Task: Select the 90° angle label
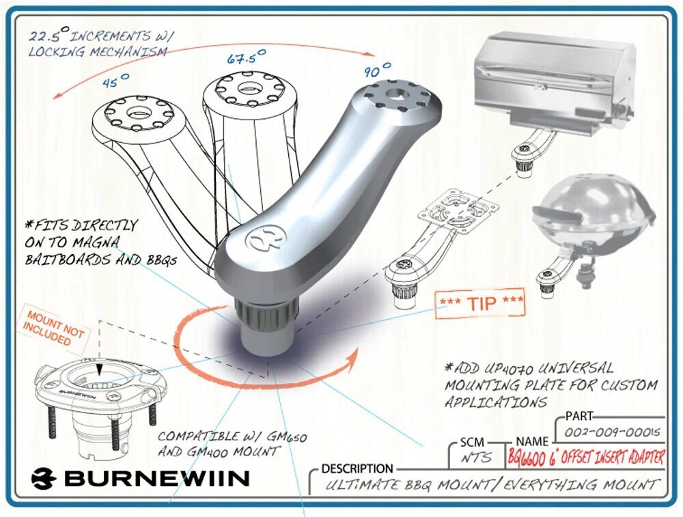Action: click(x=377, y=70)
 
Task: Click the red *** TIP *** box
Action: click(x=480, y=303)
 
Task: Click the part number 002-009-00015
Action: click(x=611, y=433)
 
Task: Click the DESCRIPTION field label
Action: click(x=357, y=469)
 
